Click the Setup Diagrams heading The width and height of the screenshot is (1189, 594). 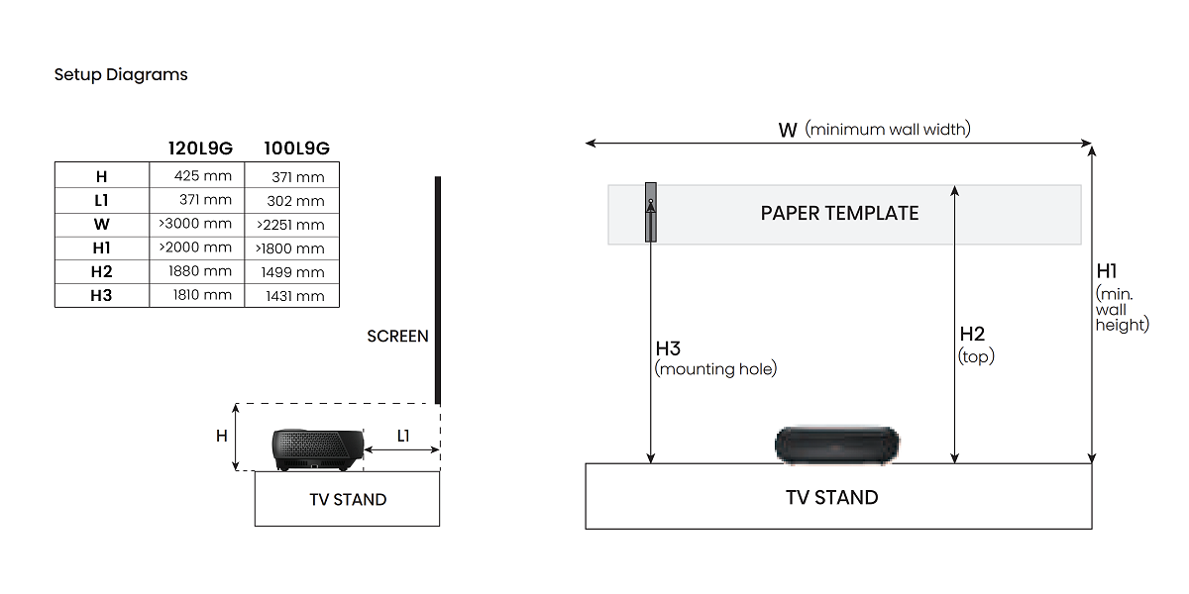pos(121,74)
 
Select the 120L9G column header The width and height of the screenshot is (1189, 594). pos(200,148)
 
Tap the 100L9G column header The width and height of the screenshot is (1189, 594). pos(296,148)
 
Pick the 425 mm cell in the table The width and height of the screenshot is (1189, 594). pos(201,176)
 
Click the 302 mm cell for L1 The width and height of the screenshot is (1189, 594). pos(294,201)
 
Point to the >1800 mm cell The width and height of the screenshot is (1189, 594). pos(290,248)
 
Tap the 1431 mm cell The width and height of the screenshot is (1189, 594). pos(293,295)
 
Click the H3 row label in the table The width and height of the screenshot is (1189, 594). pos(101,295)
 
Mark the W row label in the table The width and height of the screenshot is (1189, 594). pos(101,225)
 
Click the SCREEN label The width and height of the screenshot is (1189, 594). pos(397,337)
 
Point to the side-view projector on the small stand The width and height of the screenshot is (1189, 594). pos(316,449)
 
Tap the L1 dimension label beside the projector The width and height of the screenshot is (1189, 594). pos(403,436)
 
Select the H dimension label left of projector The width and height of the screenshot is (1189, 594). pos(222,436)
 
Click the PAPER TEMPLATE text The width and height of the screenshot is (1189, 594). pos(839,214)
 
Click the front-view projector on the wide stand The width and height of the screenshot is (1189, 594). pos(838,445)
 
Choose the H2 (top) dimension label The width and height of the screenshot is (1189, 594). pos(975,345)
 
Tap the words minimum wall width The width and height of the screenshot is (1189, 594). pos(888,129)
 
